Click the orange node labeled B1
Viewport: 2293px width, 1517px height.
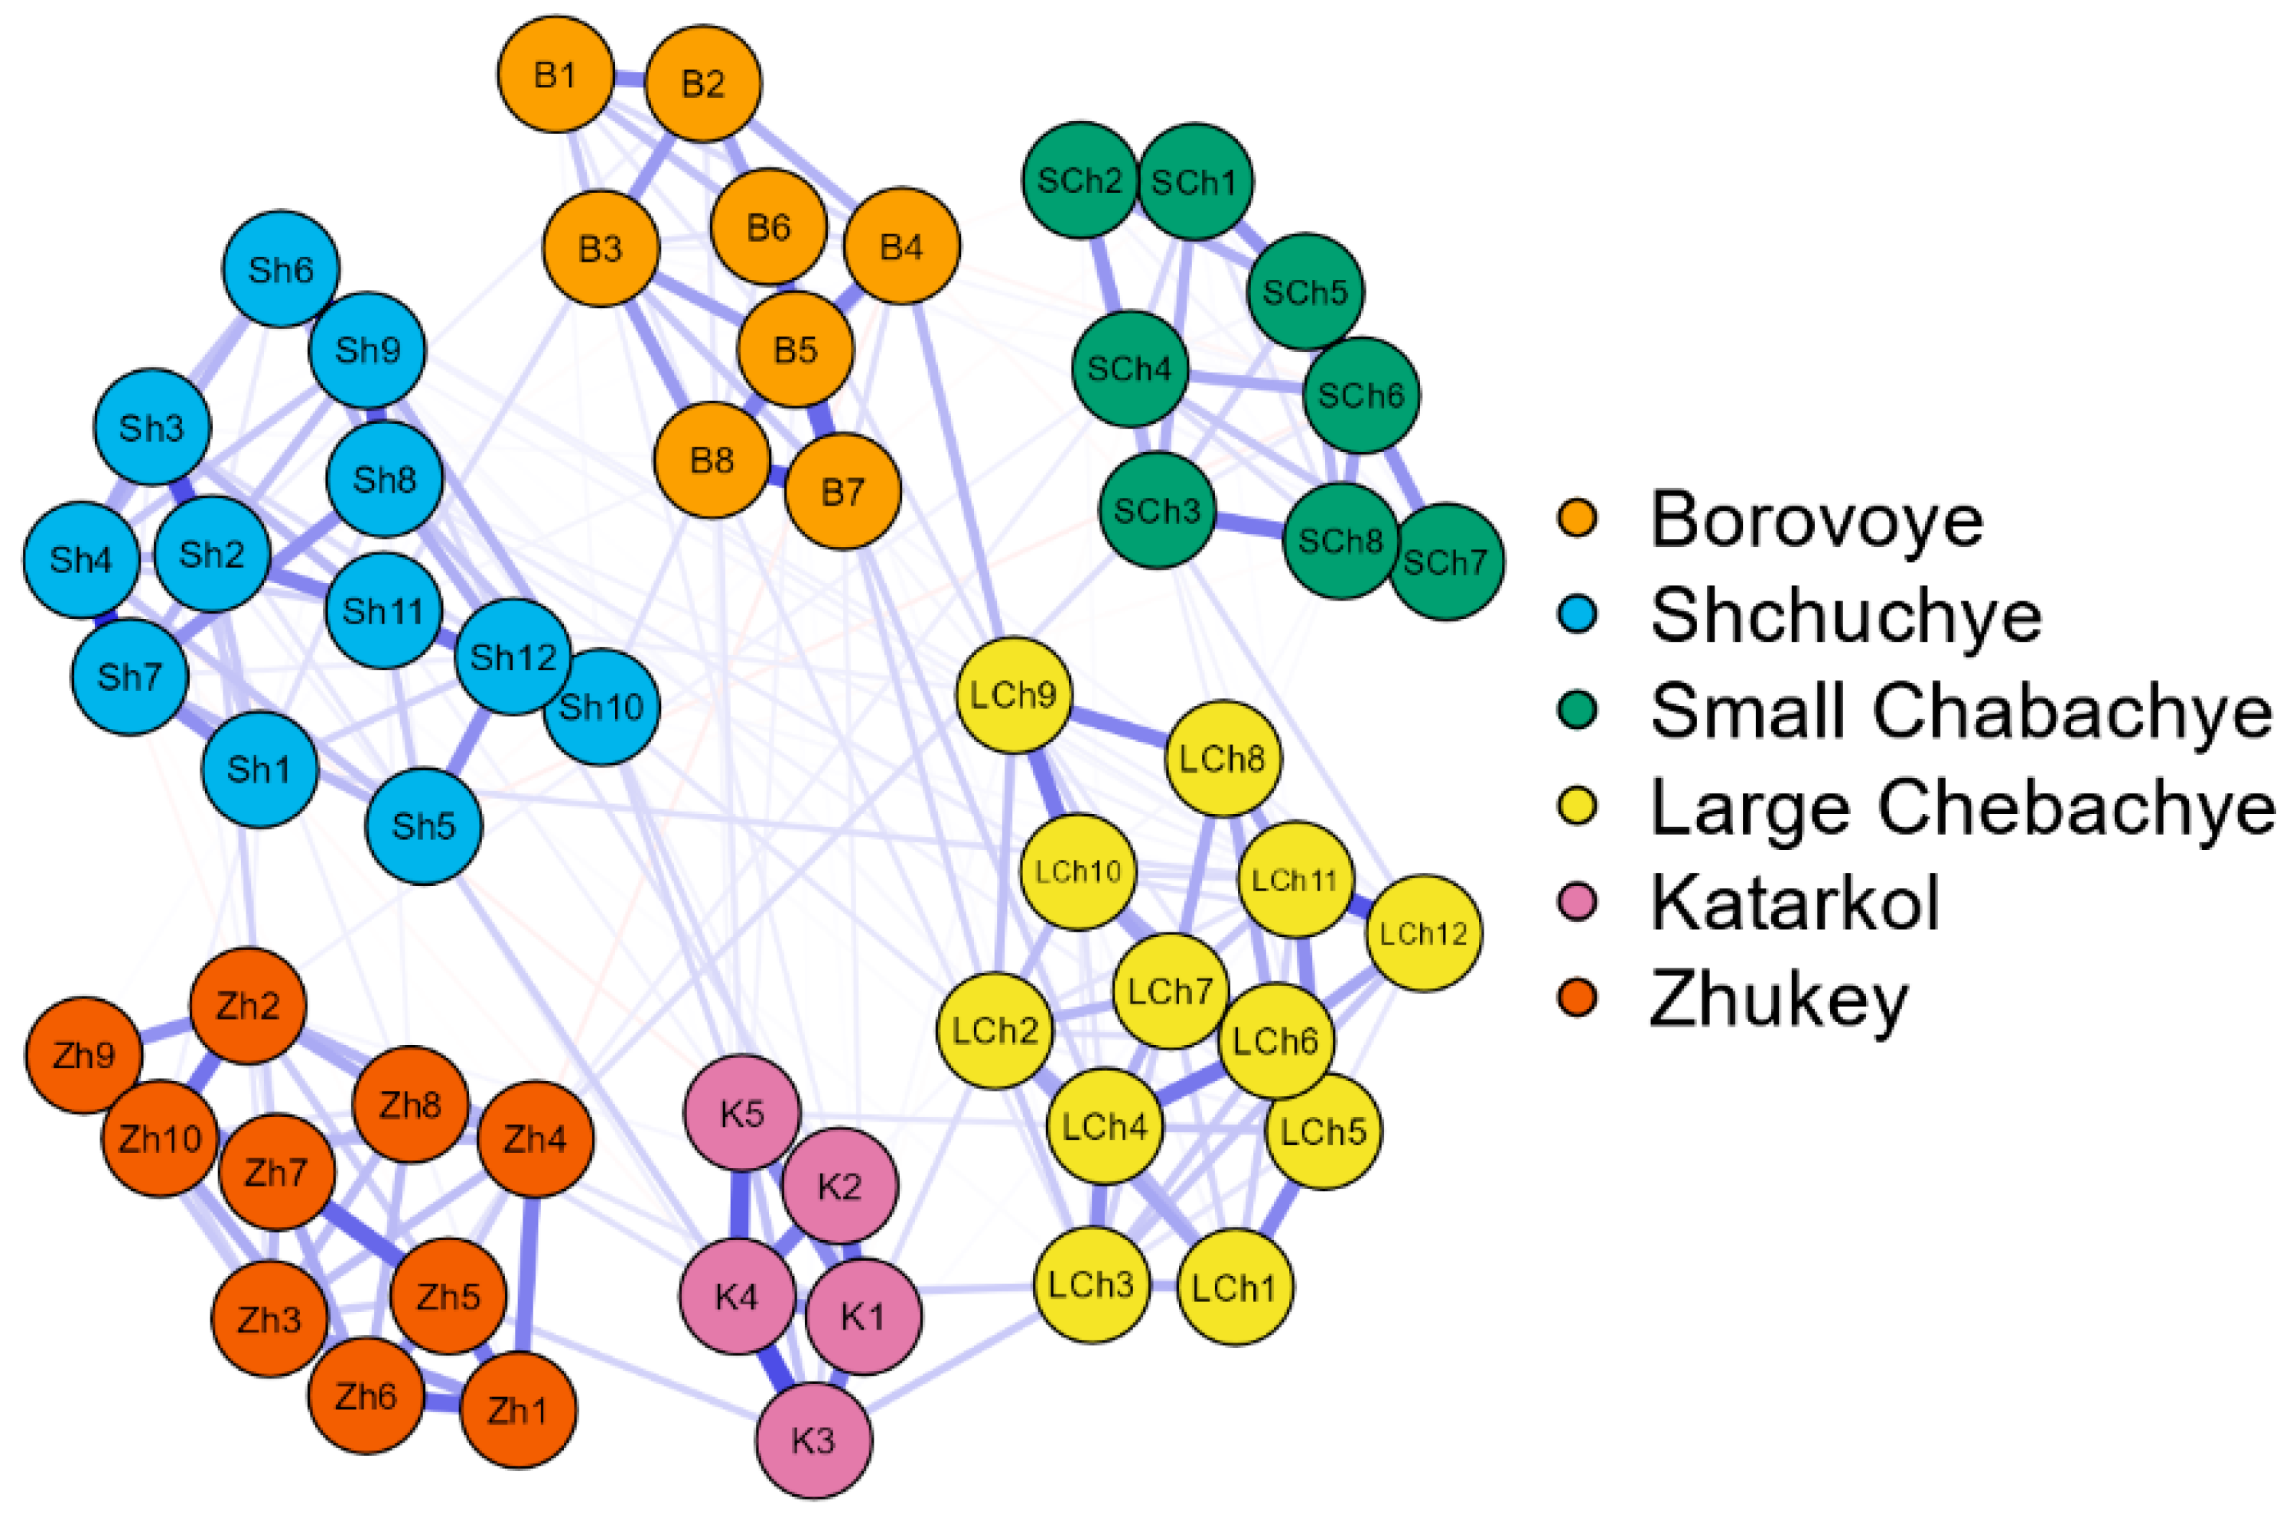(x=555, y=74)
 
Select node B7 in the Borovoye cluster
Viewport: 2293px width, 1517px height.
(x=842, y=491)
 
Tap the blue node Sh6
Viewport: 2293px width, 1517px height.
(x=281, y=269)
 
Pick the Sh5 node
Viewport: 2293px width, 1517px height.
(x=424, y=825)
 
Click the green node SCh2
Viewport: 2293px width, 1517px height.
(x=1080, y=180)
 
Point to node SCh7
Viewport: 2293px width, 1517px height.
(x=1447, y=562)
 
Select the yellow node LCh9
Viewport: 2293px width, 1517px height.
(x=1013, y=695)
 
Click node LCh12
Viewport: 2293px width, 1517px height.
(x=1423, y=933)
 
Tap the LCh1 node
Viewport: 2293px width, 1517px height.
(x=1235, y=1287)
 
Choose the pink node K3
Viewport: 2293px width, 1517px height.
(x=813, y=1440)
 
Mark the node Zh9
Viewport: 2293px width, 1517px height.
(x=83, y=1054)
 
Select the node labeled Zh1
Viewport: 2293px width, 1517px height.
(x=518, y=1410)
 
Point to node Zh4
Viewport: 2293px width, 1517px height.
(x=535, y=1139)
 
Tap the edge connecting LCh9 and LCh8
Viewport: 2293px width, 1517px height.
(x=1119, y=727)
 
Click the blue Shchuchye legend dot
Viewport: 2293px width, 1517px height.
(x=1577, y=614)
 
